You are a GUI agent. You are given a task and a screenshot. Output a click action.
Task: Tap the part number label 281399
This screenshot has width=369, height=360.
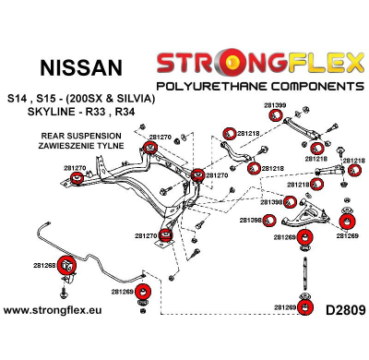pos(274,104)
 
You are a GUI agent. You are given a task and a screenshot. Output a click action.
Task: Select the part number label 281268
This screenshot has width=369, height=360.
pos(44,265)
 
